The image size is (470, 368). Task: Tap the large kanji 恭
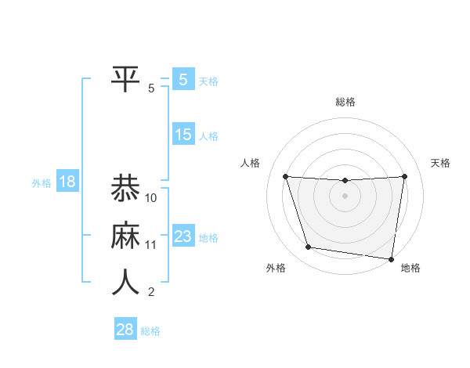[127, 188]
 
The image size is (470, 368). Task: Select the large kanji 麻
[127, 235]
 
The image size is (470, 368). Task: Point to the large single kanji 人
[127, 283]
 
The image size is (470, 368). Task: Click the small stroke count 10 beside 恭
[151, 197]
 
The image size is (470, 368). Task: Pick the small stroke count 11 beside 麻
[151, 245]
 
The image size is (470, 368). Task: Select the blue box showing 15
[183, 135]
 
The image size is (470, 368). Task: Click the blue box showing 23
[183, 236]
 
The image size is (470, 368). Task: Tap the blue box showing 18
[67, 182]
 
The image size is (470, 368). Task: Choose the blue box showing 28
[125, 329]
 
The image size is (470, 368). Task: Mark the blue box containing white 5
[183, 80]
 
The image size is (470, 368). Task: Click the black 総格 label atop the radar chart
[345, 102]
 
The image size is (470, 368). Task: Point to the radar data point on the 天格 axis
[405, 176]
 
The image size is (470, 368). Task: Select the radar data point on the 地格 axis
[391, 258]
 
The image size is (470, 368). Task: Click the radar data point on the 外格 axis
[309, 247]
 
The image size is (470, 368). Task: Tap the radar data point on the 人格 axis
[285, 176]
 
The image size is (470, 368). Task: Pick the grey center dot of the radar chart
[345, 196]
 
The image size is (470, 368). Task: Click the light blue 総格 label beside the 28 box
[150, 331]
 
